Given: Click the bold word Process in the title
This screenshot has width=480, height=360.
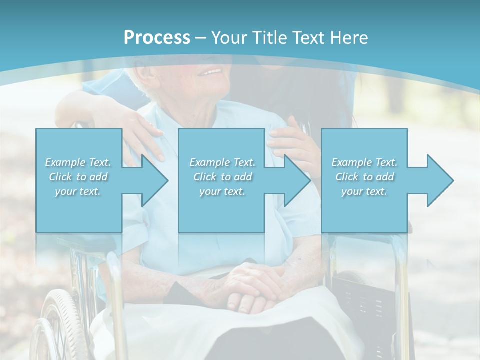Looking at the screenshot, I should (x=157, y=38).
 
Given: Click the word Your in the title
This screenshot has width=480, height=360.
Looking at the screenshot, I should (x=228, y=38).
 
